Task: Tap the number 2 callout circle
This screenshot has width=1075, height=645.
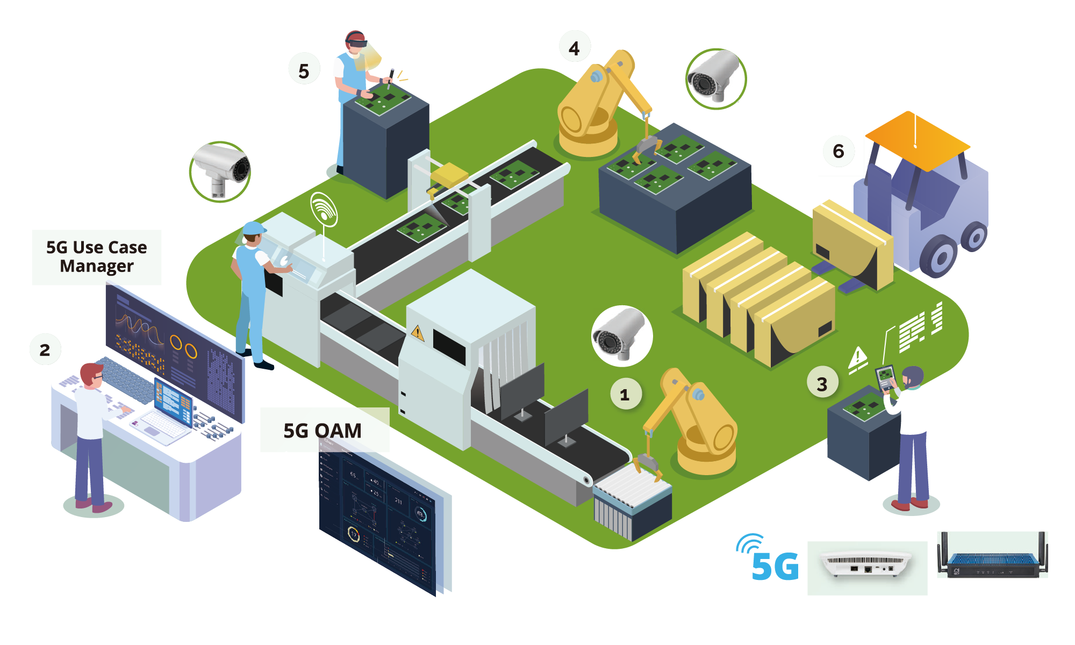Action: tap(45, 349)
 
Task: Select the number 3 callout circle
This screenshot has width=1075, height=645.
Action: tap(822, 383)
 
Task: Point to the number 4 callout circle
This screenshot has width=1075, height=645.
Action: tap(575, 48)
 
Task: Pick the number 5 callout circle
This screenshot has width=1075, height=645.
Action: tap(304, 70)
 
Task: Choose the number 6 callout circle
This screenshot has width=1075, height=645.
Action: tap(838, 151)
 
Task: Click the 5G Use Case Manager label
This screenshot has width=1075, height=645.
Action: tap(97, 257)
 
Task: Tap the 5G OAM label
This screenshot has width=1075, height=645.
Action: tap(323, 431)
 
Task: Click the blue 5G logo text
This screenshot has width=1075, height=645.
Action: tap(774, 566)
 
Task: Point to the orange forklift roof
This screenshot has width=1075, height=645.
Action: tap(917, 141)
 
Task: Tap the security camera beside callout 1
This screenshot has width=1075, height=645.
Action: tap(621, 336)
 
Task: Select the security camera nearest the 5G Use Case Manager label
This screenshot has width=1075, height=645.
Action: tap(220, 171)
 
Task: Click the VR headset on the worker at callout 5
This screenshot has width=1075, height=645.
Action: tap(357, 42)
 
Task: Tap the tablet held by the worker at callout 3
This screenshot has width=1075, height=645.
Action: tap(885, 376)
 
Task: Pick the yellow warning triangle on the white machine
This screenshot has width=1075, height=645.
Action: tap(418, 334)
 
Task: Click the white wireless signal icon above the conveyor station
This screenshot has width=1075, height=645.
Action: tap(324, 210)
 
